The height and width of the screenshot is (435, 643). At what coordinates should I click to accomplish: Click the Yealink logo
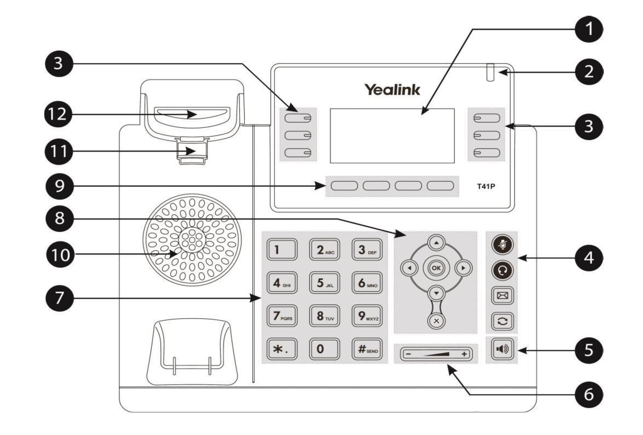coord(392,90)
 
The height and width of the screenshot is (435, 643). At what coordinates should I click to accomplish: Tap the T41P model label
coord(486,186)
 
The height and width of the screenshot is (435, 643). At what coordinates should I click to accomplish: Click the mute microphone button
coord(502,245)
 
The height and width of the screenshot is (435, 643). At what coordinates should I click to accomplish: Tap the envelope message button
coord(502,296)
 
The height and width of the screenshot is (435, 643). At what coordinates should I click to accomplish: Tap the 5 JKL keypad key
coord(324,282)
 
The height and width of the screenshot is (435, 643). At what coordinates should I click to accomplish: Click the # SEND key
coord(367,349)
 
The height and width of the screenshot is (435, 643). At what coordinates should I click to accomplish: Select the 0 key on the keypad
coord(324,349)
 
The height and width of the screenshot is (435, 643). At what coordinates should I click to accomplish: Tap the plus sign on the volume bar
coord(464,354)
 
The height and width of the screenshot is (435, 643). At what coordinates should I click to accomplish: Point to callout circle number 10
coord(60,254)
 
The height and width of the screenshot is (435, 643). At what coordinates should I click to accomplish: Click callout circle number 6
coord(589,394)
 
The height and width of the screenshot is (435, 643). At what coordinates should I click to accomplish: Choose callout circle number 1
coord(589,29)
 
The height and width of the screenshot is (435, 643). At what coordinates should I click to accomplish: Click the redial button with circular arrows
coord(502,321)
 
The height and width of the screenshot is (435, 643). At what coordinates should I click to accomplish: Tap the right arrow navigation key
coord(463,268)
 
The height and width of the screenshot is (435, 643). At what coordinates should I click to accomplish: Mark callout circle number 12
coord(58,114)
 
